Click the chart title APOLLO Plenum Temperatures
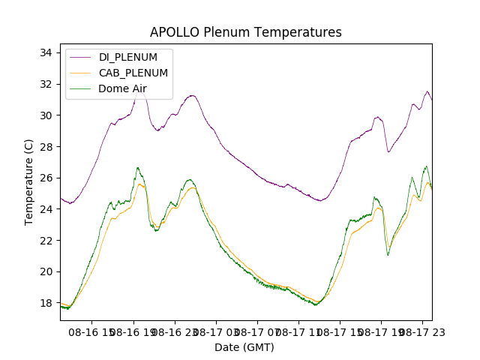click(245, 32)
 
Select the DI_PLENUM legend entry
click(128, 58)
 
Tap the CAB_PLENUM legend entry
click(133, 73)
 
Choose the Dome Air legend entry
click(122, 88)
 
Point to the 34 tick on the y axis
click(46, 52)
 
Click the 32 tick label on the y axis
click(46, 84)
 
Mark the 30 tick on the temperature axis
click(46, 115)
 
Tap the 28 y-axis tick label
click(46, 146)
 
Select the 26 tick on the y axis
click(46, 178)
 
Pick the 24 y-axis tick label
click(46, 209)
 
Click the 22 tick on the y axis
click(46, 240)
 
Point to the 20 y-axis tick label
click(46, 271)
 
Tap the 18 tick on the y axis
click(46, 303)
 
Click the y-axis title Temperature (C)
click(29, 181)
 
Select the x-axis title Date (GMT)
click(244, 347)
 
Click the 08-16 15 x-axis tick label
click(91, 331)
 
